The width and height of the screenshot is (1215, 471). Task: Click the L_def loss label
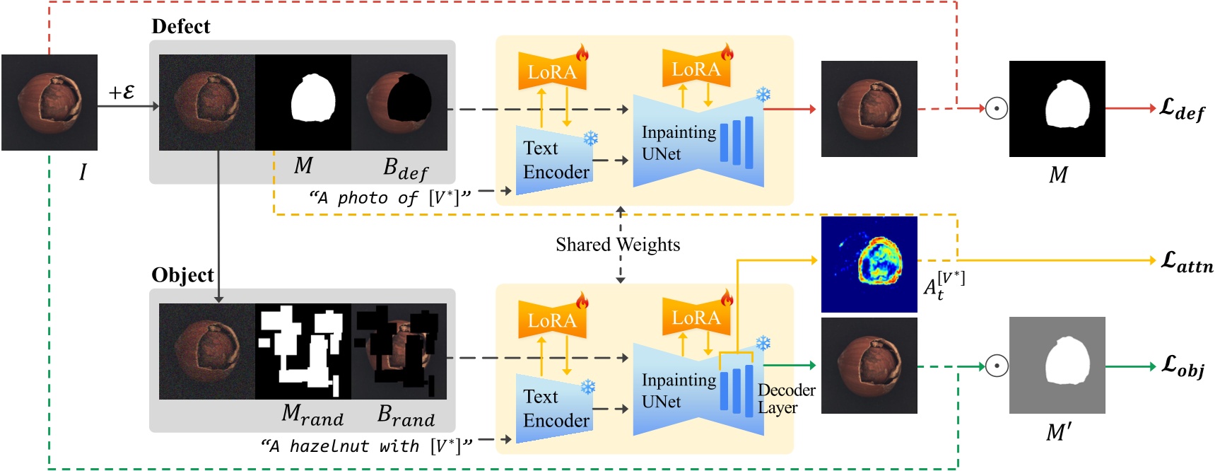coord(1182,110)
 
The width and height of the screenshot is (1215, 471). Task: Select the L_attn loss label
coord(1187,262)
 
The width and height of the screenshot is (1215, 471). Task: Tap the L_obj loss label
coord(1182,367)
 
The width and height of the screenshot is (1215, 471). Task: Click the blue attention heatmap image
coord(869,264)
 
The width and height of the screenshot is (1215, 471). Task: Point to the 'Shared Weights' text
coord(618,245)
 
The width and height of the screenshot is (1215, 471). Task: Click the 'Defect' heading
coord(181,27)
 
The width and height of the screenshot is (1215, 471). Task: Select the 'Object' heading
coord(182,275)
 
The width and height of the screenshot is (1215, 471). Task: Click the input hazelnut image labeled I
coord(49,103)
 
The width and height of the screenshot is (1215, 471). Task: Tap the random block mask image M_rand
coord(303,351)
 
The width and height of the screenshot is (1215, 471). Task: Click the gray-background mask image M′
coord(1057,365)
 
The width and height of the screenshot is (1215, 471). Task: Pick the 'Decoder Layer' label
coord(785,399)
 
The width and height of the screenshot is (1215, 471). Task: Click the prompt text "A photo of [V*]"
coord(389,198)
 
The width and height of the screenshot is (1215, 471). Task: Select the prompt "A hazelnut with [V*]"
coord(365,446)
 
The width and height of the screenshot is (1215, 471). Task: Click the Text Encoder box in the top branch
coord(555,161)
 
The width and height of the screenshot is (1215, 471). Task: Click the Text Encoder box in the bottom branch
coord(555,409)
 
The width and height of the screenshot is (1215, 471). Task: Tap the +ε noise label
coord(122,93)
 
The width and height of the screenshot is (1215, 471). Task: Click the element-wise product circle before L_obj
coord(997,366)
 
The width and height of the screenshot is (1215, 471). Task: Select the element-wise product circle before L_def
coord(997,108)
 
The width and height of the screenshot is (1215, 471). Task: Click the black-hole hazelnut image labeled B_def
coord(399,103)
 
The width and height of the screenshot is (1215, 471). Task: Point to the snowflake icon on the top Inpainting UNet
coord(763,95)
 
